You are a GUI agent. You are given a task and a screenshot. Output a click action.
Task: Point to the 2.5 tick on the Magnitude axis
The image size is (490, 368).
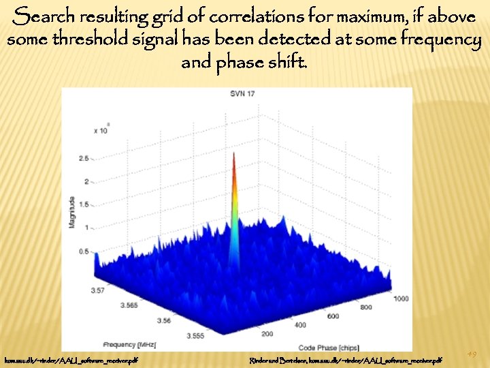[x=84, y=158]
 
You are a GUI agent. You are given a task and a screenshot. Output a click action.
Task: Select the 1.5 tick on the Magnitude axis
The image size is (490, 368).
[x=84, y=204]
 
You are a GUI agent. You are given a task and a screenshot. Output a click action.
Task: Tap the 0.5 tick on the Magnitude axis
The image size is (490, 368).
[x=84, y=251]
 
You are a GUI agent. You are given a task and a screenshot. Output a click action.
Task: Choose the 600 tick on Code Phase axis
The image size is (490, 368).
[x=333, y=316]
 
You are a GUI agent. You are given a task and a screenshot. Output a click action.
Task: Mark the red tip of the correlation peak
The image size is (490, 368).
[x=234, y=155]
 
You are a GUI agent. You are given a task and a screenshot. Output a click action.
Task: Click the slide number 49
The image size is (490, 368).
[x=472, y=354]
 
